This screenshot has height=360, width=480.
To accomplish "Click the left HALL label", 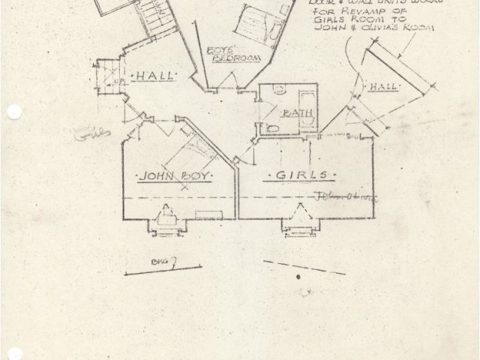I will coord(155,76).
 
